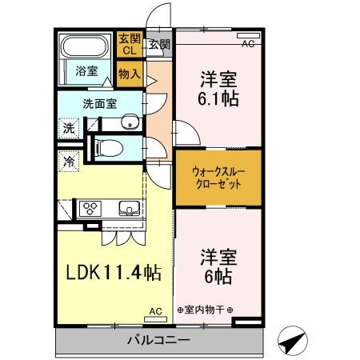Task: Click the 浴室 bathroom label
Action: coord(87,71)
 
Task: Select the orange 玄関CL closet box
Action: coord(130,44)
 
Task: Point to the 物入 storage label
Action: coord(130,74)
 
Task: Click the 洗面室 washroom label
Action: coord(98,103)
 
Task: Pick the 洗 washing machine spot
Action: coord(69,126)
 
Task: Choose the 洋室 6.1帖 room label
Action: coord(218,90)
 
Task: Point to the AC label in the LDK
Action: coord(155,311)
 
